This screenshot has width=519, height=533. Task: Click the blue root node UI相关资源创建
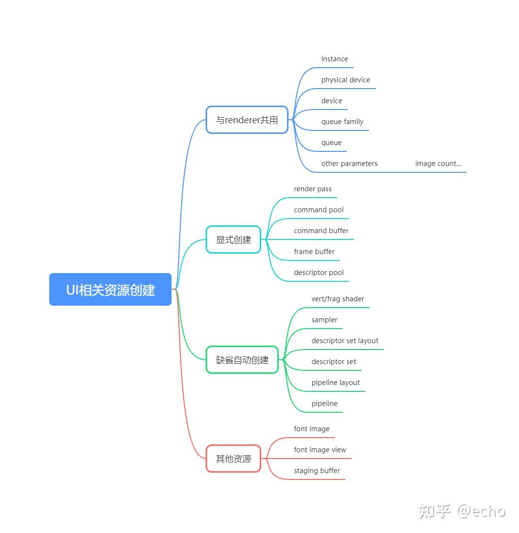[x=110, y=289]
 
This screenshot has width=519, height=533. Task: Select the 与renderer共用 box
[x=247, y=120]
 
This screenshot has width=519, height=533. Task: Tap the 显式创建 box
[x=233, y=239]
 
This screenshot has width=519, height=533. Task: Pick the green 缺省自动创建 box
[x=242, y=360]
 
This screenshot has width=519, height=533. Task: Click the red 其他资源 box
[x=233, y=459]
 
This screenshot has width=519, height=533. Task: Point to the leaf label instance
[x=334, y=59]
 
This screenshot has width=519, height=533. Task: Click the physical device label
[x=346, y=80]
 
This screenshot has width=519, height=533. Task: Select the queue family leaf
[x=343, y=122]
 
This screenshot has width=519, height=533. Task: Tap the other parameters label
[x=349, y=164]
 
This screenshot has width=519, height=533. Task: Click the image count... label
[x=438, y=164]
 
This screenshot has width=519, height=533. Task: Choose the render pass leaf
[x=313, y=189]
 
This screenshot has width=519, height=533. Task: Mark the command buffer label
[x=321, y=230]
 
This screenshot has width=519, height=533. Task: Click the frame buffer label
[x=314, y=252]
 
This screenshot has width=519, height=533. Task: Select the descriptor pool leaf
[x=319, y=273]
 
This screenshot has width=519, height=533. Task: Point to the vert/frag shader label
[x=338, y=299]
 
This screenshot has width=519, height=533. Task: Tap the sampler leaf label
[x=325, y=320]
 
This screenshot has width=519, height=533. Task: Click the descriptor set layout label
[x=345, y=341]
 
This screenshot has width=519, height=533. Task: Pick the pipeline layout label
[x=336, y=383]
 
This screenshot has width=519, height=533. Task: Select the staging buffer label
[x=317, y=471]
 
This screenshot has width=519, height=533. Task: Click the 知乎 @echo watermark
[x=462, y=511]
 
